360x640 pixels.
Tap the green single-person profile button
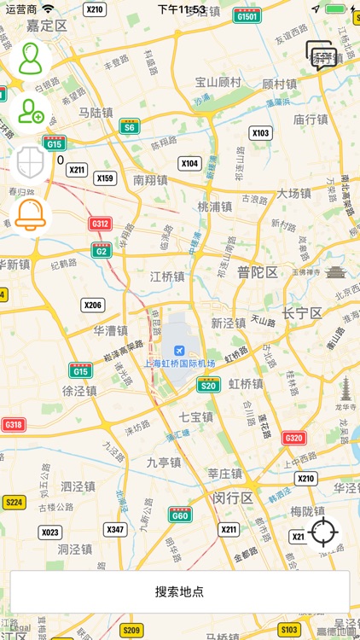click(31, 59)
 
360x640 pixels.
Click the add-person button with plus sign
click(31, 110)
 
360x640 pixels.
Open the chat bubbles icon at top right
click(322, 57)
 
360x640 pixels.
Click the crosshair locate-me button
click(324, 532)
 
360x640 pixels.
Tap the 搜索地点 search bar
click(180, 591)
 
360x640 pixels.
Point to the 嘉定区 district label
click(47, 26)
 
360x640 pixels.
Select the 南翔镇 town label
click(150, 180)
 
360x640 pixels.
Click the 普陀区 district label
click(258, 272)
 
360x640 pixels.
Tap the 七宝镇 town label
click(195, 417)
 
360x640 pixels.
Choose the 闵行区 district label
click(233, 497)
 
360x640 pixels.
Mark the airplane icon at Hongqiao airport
click(178, 350)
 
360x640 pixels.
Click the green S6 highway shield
click(130, 127)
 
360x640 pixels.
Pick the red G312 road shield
click(100, 224)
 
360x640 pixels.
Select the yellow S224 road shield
click(14, 502)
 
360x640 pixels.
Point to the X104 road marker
click(189, 163)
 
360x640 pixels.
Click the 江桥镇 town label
click(167, 276)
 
